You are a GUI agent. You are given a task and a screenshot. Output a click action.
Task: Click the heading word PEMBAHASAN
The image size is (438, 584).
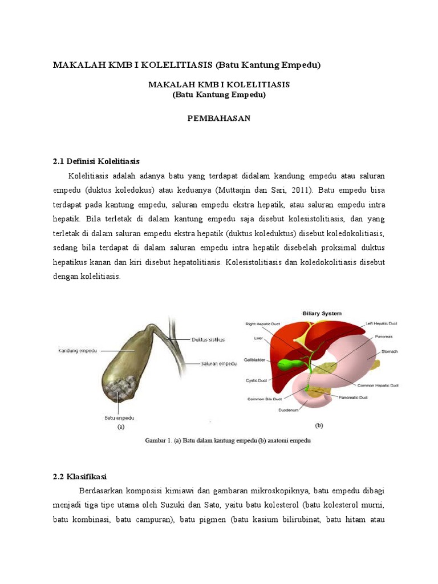219,118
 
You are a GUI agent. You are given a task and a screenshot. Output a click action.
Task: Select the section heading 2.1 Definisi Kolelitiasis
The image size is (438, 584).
96,161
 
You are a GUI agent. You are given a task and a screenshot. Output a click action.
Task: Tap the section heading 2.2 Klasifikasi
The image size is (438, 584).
80,476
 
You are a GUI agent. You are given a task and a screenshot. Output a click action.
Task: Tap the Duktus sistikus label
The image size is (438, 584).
208,339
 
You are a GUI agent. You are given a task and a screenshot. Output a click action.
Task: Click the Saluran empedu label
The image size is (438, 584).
218,363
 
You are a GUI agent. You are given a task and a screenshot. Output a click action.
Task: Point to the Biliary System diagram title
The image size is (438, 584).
322,313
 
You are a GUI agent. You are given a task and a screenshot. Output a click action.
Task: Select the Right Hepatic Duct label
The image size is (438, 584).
263,324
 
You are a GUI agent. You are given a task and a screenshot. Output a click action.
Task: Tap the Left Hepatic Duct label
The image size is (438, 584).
385,323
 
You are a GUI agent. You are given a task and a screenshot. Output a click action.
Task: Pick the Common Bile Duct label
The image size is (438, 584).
264,399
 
